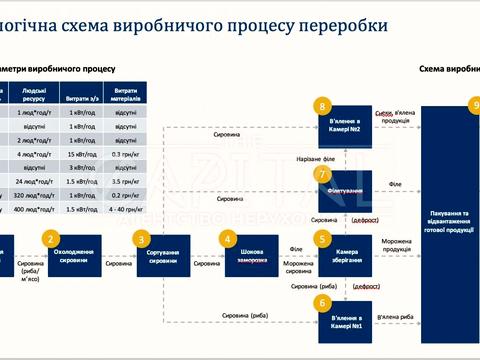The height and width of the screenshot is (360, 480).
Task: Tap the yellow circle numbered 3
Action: [142, 239]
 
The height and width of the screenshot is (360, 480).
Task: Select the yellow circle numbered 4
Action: [229, 239]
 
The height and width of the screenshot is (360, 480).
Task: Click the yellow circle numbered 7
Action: [321, 174]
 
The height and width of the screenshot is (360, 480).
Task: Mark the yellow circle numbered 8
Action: [321, 105]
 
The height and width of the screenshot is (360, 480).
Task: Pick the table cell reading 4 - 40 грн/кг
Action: [126, 210]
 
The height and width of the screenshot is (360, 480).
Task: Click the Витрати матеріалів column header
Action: [126, 96]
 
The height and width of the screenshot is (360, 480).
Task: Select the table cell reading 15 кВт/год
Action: [83, 155]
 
